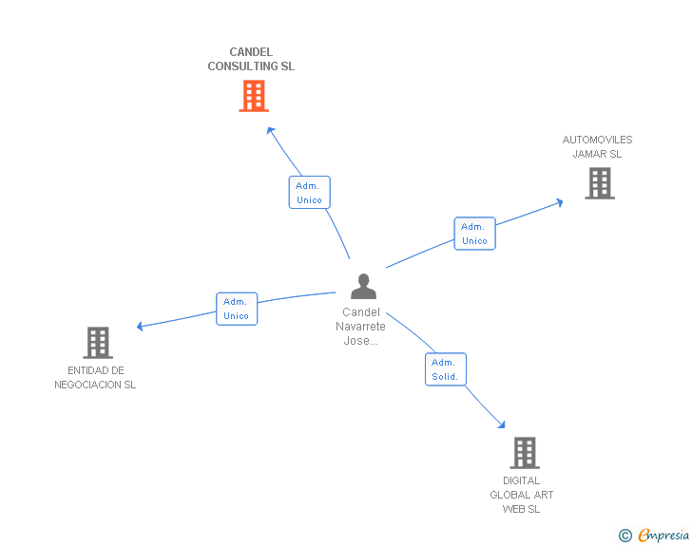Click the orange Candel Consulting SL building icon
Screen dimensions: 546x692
(x=254, y=96)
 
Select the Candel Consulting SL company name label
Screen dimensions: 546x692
(x=251, y=60)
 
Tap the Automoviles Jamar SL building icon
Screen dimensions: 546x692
(x=600, y=183)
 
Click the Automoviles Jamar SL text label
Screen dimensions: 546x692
(x=597, y=146)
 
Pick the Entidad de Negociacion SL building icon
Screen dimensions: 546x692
(x=98, y=343)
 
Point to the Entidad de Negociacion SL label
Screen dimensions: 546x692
(x=95, y=378)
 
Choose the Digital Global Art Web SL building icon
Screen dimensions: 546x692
(x=525, y=453)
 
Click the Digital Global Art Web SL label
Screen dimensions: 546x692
(x=522, y=495)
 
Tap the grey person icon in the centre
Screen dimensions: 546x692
(x=363, y=286)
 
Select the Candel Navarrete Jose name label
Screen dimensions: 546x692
(x=361, y=326)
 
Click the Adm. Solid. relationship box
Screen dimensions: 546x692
(x=444, y=369)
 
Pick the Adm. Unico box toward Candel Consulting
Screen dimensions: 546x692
(x=309, y=193)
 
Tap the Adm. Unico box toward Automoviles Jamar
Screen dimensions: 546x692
(x=474, y=234)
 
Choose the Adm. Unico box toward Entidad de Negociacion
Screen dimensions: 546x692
(x=237, y=309)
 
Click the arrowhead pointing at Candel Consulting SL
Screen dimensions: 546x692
(x=270, y=131)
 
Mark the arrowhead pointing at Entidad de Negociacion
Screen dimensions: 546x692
(x=141, y=326)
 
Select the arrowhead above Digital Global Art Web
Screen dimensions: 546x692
(x=502, y=424)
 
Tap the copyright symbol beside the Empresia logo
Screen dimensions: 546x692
(x=625, y=536)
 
